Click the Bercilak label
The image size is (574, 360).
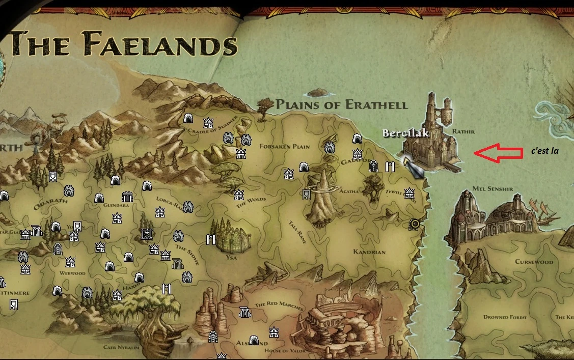tap(406, 133)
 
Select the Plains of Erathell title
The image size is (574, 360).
tap(342, 105)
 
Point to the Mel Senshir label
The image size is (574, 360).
tap(493, 189)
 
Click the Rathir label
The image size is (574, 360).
tap(463, 131)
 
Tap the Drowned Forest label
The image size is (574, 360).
tap(505, 317)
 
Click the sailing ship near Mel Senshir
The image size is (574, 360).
tap(541, 207)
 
